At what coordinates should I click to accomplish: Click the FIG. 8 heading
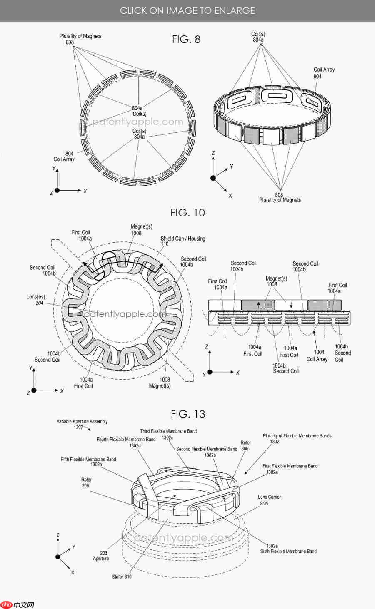tap(186, 40)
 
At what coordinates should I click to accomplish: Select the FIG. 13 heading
tap(188, 414)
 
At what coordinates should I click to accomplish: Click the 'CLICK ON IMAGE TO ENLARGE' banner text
tap(187, 10)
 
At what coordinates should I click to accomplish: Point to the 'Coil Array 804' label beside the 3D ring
tap(324, 73)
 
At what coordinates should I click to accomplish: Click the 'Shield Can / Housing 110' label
tap(182, 241)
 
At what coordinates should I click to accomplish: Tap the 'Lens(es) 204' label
tap(36, 300)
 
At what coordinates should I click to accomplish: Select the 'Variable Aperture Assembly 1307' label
tap(82, 424)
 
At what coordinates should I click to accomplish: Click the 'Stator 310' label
tap(122, 577)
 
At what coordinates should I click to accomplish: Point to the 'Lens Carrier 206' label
tap(269, 500)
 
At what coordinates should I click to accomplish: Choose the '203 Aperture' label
tap(101, 556)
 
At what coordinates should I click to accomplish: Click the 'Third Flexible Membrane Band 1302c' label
tap(168, 434)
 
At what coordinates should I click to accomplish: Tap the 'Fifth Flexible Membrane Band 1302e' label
tap(88, 462)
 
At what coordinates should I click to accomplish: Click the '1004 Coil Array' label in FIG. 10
tap(317, 355)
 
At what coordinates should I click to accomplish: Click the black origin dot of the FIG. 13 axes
tap(58, 557)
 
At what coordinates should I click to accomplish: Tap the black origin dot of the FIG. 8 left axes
tap(57, 190)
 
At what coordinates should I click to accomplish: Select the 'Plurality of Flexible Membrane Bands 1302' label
tap(297, 438)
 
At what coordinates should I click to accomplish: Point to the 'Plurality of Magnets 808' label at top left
tap(80, 39)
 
